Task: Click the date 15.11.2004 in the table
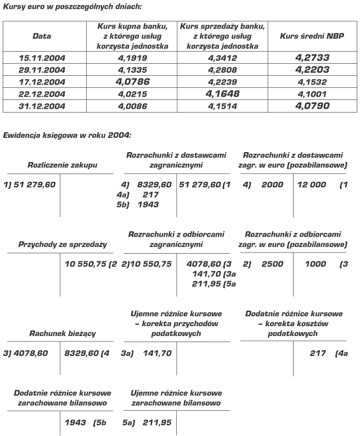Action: (42, 57)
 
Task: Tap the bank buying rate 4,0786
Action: (132, 81)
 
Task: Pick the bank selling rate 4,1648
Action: (222, 94)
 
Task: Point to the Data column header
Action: (42, 36)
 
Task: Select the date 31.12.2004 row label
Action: (42, 106)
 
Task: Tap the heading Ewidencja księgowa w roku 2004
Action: (67, 135)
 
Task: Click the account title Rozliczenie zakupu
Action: (55, 165)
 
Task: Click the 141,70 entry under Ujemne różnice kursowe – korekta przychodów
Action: (154, 354)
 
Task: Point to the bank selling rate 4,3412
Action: (222, 57)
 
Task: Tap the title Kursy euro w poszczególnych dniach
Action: (72, 7)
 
